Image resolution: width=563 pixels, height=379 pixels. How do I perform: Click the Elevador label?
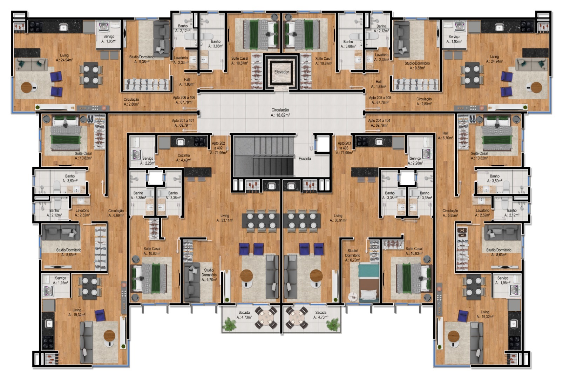281,72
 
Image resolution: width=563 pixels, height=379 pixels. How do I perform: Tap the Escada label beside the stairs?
305,159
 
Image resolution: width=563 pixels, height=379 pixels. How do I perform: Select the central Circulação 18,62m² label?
280,113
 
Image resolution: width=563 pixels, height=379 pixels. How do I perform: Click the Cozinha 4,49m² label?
183,158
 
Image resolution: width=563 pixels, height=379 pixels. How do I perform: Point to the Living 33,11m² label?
225,218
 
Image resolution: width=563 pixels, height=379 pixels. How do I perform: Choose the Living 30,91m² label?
338,218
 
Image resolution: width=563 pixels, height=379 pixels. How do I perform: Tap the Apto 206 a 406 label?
184,100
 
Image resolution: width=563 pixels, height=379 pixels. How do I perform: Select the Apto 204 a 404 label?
379,123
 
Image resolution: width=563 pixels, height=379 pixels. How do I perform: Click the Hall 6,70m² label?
445,135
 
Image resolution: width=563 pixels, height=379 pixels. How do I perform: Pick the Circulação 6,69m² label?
116,213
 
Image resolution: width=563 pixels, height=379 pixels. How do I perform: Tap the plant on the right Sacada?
333,324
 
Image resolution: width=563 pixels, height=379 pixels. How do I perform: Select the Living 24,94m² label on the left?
64,58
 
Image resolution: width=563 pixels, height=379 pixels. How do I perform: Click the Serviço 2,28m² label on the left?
148,161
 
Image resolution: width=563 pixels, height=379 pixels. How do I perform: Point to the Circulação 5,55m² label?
450,213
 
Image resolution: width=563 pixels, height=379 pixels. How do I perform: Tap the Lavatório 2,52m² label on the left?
82,213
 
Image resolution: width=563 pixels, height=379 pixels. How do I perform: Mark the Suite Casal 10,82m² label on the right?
479,155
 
